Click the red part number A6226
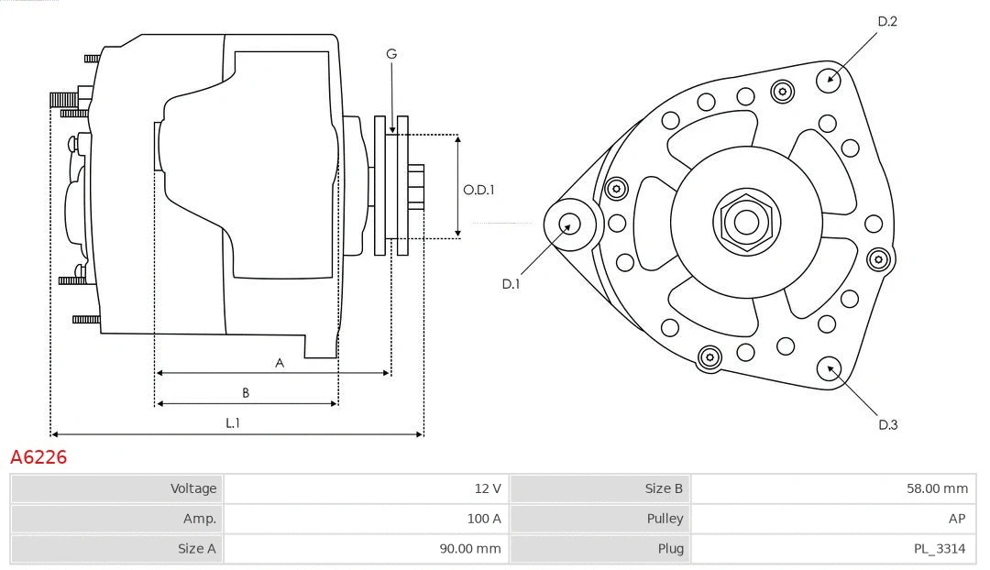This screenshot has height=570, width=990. tap(38, 456)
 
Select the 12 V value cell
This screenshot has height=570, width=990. tap(366, 488)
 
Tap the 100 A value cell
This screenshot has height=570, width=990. tap(366, 519)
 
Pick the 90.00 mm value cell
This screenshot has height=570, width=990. tap(366, 549)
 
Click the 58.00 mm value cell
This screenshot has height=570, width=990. tap(833, 488)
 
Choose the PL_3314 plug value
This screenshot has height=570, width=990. tap(833, 549)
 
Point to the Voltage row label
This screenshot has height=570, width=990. tap(117, 488)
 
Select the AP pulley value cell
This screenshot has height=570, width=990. tap(833, 519)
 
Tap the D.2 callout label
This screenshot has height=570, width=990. tap(886, 21)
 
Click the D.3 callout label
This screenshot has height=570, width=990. tap(887, 424)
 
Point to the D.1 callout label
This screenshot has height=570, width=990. tap(511, 284)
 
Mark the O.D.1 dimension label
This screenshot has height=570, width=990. tap(478, 191)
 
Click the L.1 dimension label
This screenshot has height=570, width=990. tap(233, 422)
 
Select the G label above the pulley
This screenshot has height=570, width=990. tap(391, 54)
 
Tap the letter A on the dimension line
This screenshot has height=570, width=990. tap(280, 363)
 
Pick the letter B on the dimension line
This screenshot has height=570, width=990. tap(246, 393)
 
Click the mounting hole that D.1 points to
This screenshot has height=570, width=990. tap(569, 223)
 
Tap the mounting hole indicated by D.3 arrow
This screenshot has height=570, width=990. tap(830, 368)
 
